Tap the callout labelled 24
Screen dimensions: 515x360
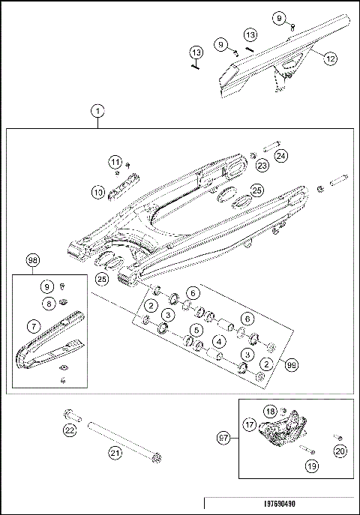pyautogui.click(x=280, y=156)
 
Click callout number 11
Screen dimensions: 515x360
pyautogui.click(x=115, y=163)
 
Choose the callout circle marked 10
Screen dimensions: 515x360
pyautogui.click(x=98, y=192)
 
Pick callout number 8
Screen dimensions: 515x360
pyautogui.click(x=48, y=304)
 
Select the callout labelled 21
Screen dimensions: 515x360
pyautogui.click(x=114, y=451)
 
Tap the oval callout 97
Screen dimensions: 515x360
pyautogui.click(x=223, y=436)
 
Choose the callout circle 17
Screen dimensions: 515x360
pyautogui.click(x=248, y=424)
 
